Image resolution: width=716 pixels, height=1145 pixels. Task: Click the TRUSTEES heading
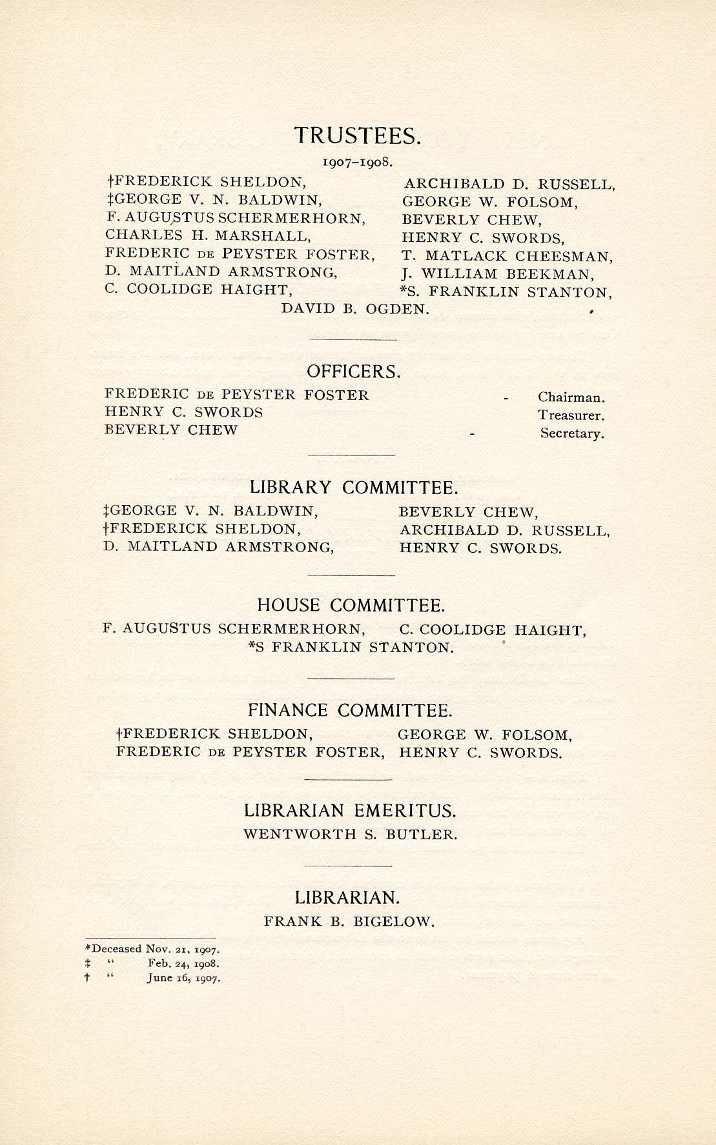coord(358,135)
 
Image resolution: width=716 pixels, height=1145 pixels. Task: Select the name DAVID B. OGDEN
coord(355,309)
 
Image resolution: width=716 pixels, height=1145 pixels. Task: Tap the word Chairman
coord(571,398)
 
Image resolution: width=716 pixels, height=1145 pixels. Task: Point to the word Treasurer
coord(571,416)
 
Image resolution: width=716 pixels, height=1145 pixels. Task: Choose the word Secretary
coord(572,433)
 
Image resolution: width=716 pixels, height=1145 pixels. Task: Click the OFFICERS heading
coord(354,372)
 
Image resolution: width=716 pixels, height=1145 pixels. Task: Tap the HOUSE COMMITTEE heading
coord(351,605)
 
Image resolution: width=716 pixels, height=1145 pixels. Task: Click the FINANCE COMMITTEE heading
coord(350,710)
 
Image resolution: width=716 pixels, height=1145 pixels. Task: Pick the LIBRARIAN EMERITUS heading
coord(350,810)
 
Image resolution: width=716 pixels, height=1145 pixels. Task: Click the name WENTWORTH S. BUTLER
coord(350,834)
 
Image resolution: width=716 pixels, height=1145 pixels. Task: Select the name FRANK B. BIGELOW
coord(349,922)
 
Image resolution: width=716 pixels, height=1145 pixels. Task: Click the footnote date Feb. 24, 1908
coord(183,964)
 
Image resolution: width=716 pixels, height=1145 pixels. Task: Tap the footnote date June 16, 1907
coord(183,978)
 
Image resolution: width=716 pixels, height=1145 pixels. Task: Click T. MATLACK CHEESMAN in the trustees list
coord(507,257)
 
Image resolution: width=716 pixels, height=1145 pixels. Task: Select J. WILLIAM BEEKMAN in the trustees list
coord(498,274)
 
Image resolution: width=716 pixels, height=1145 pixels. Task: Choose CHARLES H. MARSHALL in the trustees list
coord(208,236)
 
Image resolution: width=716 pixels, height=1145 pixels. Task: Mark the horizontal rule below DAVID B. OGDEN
coord(353,339)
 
